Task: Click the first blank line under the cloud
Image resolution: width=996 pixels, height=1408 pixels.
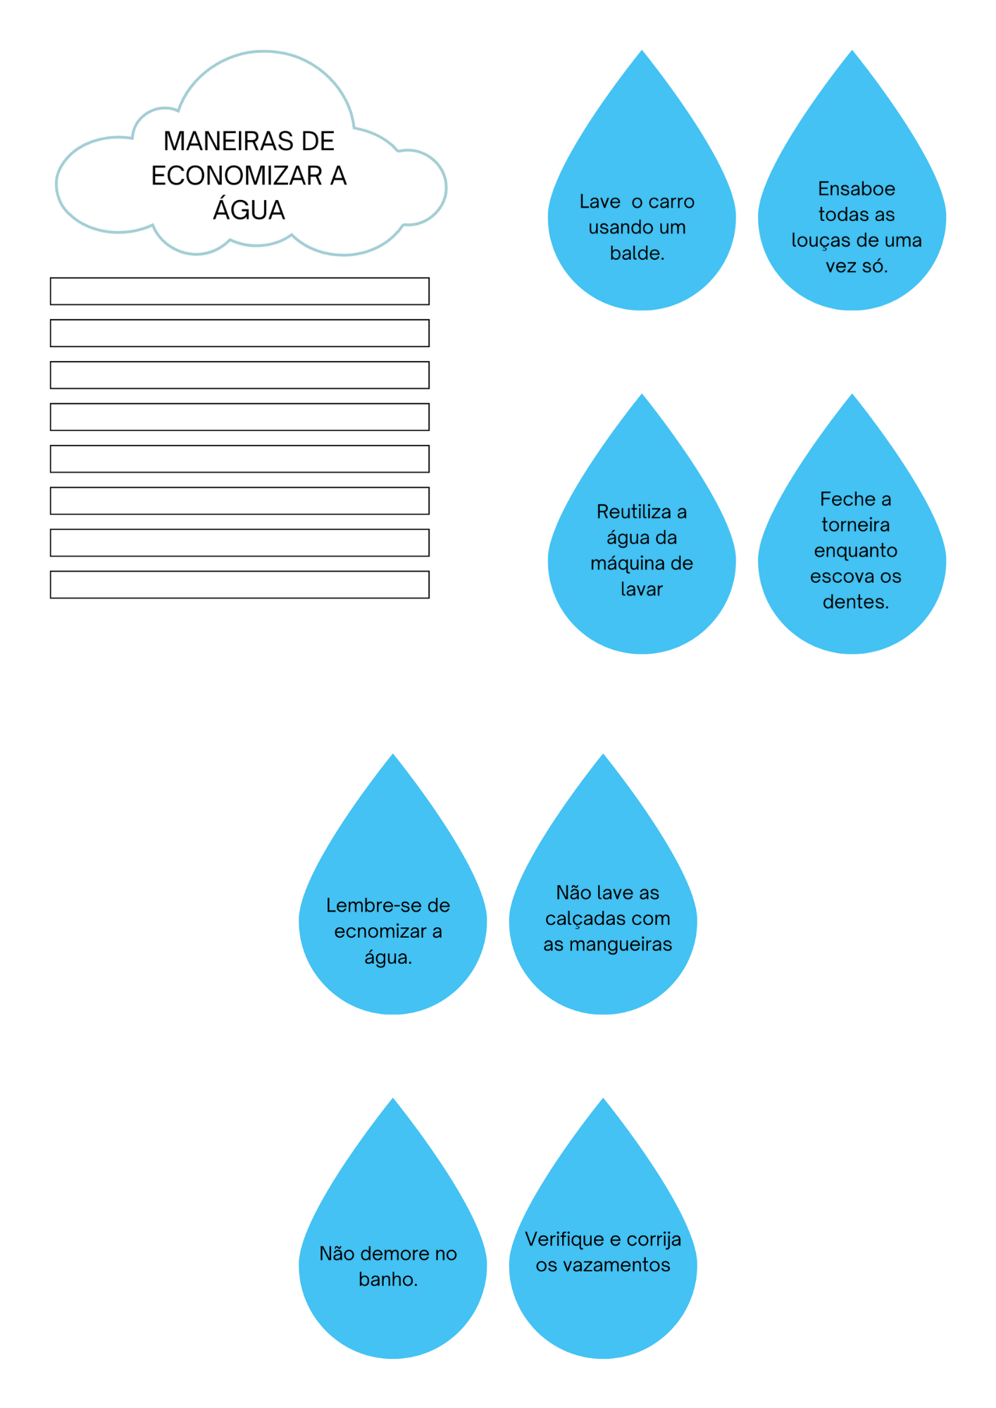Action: (x=239, y=291)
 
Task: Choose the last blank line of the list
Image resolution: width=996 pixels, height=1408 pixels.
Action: (x=239, y=584)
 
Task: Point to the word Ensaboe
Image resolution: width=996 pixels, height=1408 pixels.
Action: (x=857, y=189)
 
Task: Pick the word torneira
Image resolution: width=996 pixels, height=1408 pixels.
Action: (x=855, y=524)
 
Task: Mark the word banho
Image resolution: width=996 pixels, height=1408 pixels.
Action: (x=388, y=1279)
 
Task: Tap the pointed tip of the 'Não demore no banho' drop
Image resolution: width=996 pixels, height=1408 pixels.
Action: (x=393, y=1099)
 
